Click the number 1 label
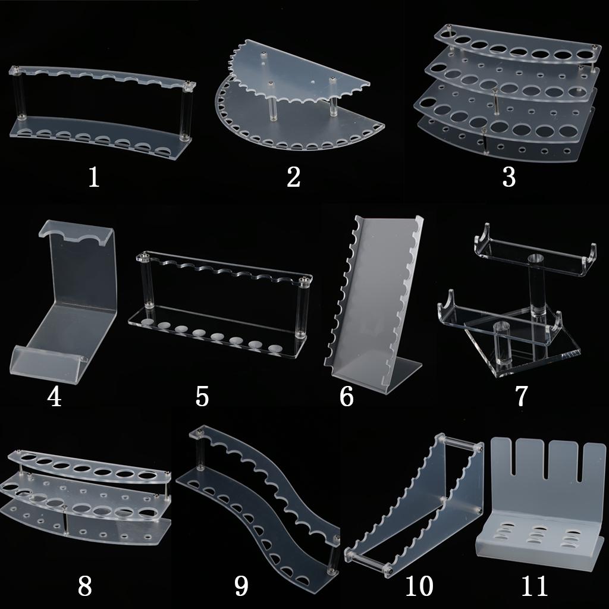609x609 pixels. [x=93, y=177]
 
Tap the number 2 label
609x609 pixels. [x=294, y=177]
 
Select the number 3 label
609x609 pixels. [x=509, y=177]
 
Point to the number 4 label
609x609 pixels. [x=54, y=397]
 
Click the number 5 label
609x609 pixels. [x=202, y=397]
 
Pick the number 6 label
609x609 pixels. [x=347, y=397]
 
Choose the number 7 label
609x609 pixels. [x=521, y=395]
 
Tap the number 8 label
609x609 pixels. [x=84, y=586]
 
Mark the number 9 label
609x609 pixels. [x=241, y=586]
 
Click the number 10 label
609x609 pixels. [x=419, y=586]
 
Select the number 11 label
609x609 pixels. [x=535, y=586]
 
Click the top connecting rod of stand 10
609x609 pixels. [x=460, y=443]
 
